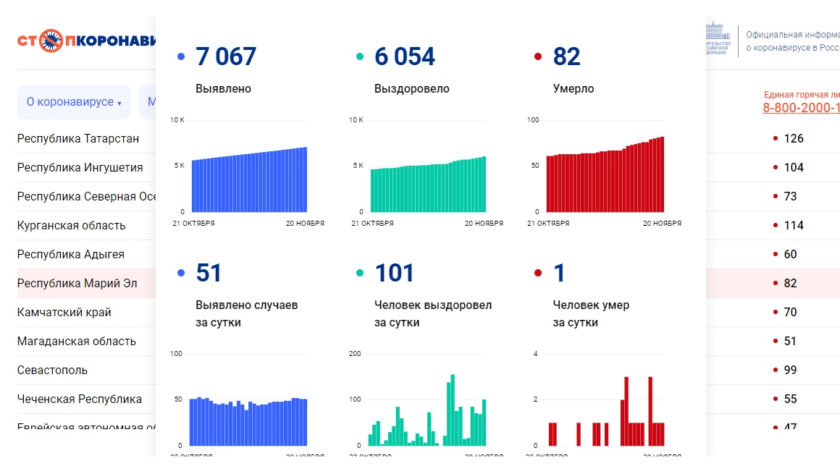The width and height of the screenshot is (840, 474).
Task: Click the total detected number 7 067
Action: point(226,56)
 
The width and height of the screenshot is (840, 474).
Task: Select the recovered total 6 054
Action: point(405,56)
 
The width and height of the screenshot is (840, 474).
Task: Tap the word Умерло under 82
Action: point(573,89)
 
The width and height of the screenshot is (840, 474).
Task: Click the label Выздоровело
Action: point(411,89)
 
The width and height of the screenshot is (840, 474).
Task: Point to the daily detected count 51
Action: point(209,274)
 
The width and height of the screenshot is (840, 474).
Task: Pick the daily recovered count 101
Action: point(394,274)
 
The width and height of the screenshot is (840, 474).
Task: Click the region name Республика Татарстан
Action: point(78,138)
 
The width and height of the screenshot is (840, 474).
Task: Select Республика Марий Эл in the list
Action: point(77,283)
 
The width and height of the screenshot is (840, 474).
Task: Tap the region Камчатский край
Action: point(64,312)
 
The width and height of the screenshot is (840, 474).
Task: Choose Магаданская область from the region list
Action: point(77,341)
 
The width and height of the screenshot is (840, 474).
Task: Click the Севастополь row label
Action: point(52,370)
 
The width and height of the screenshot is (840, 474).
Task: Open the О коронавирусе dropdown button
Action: point(74,102)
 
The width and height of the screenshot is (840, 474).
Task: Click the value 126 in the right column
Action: point(794,138)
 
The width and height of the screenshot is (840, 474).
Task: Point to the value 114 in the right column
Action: point(794,225)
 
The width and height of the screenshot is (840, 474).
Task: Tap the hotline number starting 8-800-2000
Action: point(801,108)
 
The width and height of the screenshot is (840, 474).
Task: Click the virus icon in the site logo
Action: point(51,41)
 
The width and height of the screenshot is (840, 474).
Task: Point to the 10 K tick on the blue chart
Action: point(177,119)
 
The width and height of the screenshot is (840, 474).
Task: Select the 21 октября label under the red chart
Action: point(548,224)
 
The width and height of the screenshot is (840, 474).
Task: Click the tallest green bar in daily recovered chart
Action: point(453,410)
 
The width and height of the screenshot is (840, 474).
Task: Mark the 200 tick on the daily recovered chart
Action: point(355,354)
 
